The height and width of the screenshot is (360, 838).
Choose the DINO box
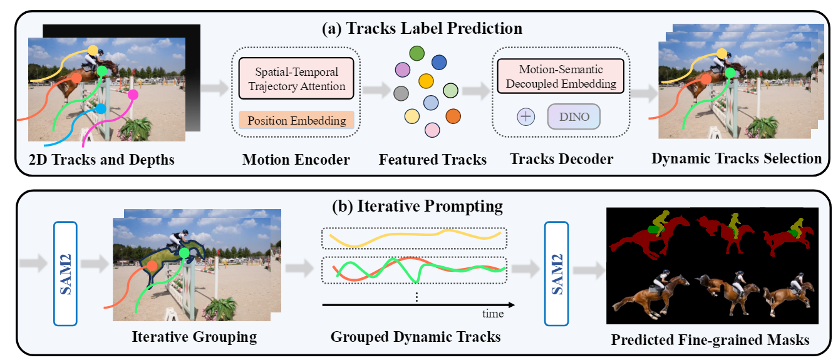pyautogui.click(x=573, y=117)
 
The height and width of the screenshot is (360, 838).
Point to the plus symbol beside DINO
pyautogui.click(x=526, y=117)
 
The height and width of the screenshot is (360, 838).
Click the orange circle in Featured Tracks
pyautogui.click(x=453, y=116)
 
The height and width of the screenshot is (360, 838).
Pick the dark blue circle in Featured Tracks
pyautogui.click(x=439, y=62)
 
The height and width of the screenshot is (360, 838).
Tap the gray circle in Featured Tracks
pyautogui.click(x=401, y=93)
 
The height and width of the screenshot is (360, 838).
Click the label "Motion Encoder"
pyautogui.click(x=296, y=160)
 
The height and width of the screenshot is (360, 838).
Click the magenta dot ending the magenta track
pyautogui.click(x=133, y=95)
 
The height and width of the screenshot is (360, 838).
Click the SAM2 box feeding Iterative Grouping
pyautogui.click(x=66, y=272)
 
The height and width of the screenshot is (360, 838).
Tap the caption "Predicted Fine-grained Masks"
pyautogui.click(x=710, y=341)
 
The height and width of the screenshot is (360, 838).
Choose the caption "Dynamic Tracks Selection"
pyautogui.click(x=737, y=158)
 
